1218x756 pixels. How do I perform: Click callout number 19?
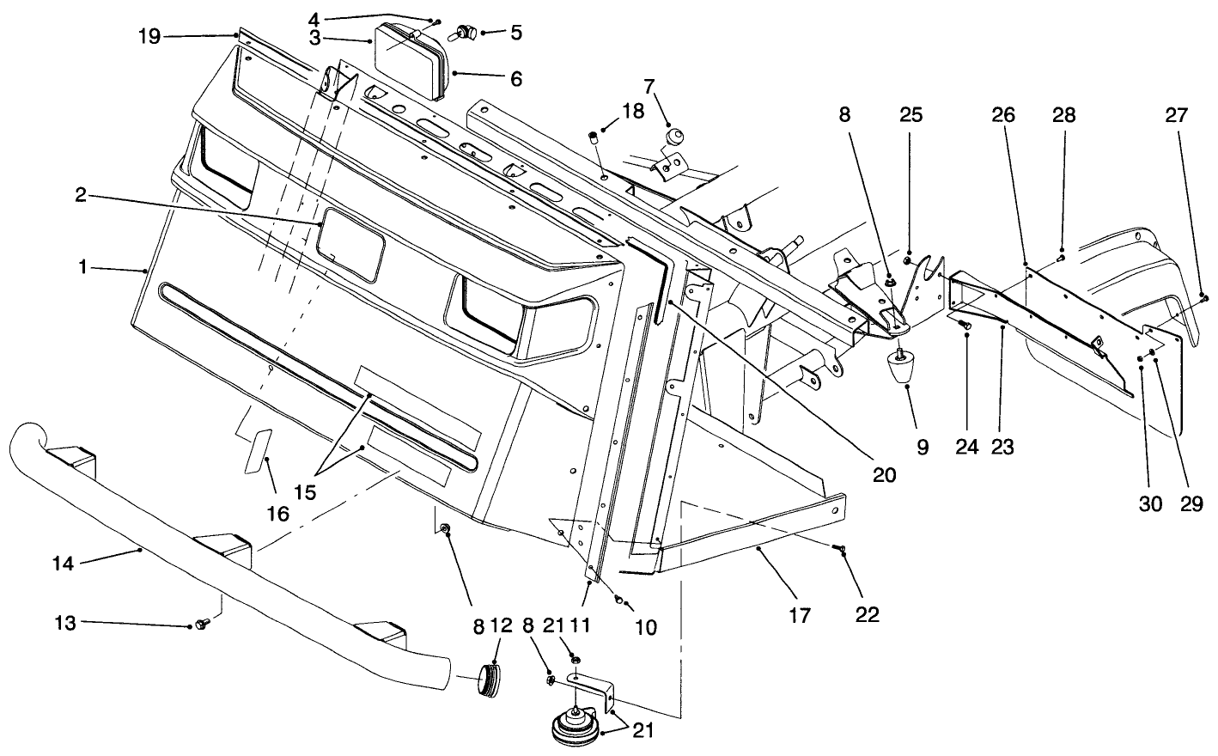[x=149, y=37]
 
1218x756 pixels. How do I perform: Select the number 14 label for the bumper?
[x=64, y=564]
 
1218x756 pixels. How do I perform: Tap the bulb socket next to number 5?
[x=465, y=33]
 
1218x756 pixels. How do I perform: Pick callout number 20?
[x=884, y=473]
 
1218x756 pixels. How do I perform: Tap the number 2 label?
[x=80, y=195]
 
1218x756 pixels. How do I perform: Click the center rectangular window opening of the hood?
[x=351, y=247]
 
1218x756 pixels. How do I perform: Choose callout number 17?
[x=799, y=614]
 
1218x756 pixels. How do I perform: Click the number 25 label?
[x=910, y=115]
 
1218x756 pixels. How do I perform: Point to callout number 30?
[x=1150, y=503]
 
